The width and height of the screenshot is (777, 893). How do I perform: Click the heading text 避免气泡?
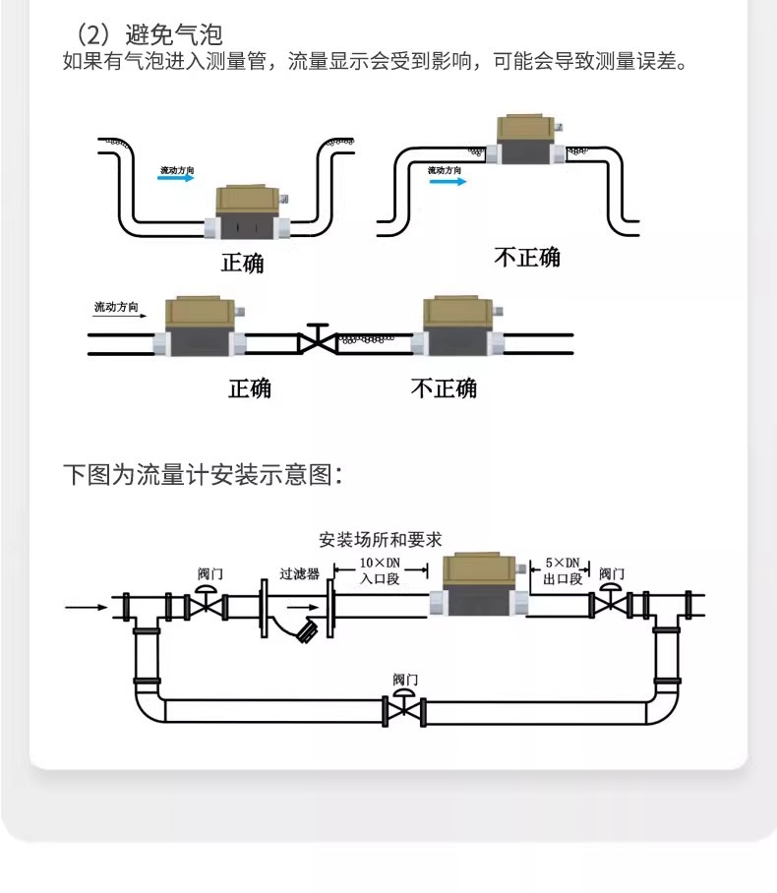[174, 36]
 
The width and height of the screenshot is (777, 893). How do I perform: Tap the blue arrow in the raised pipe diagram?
[446, 182]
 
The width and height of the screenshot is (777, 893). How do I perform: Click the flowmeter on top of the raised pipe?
[527, 142]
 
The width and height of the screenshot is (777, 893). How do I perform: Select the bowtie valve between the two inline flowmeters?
[317, 341]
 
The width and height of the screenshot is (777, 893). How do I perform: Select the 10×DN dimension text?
[380, 563]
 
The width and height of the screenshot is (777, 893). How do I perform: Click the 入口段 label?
[380, 579]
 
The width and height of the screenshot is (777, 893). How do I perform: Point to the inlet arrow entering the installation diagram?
[88, 607]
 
